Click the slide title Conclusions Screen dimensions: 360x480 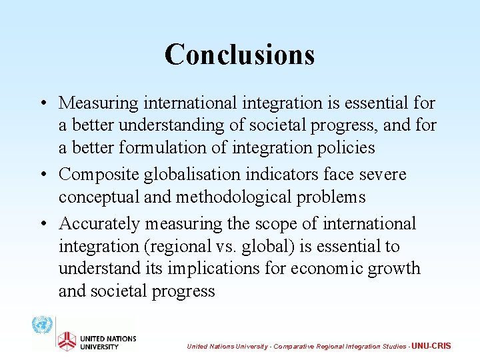click(239, 54)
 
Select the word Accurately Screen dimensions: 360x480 click(99, 224)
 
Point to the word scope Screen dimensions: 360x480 click(267, 224)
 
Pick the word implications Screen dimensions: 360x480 click(221, 269)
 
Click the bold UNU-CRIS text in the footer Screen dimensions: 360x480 click(431, 346)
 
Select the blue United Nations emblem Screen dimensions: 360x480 click(42, 326)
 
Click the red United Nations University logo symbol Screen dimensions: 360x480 click(66, 341)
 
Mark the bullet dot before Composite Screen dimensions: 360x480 click(42, 175)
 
